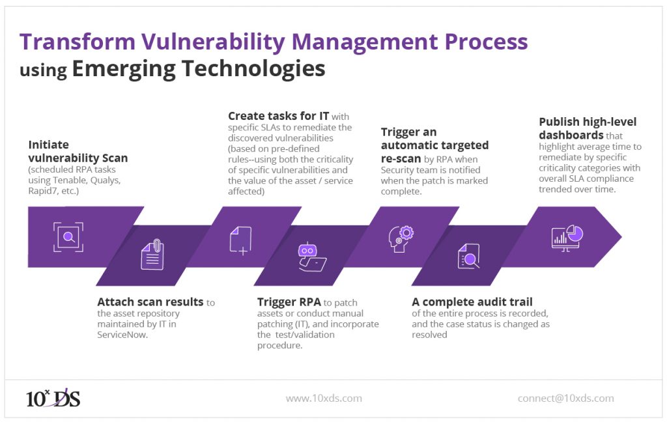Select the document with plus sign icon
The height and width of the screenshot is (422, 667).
pos(239,239)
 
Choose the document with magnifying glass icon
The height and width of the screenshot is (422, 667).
pos(468,256)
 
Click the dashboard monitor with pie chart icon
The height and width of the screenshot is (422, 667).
pos(566,237)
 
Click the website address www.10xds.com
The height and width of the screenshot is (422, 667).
pos(324,398)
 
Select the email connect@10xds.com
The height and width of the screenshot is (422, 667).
pos(565,398)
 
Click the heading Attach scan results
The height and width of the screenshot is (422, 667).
pos(150,302)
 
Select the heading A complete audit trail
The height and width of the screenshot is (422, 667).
pos(472,302)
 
